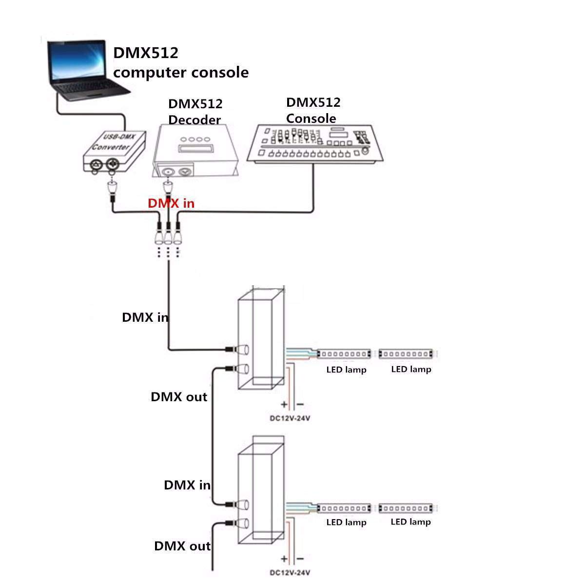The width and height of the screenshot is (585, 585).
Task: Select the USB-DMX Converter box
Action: pos(115,152)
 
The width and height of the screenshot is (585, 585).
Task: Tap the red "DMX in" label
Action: pos(171,203)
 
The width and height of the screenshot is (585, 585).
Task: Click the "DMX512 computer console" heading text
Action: pos(181,62)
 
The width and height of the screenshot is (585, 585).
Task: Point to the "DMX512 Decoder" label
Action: pos(195,112)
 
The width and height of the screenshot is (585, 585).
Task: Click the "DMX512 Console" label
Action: pos(313,110)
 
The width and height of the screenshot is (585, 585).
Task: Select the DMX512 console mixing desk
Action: pos(315,144)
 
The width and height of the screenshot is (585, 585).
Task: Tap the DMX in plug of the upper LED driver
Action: pos(237,350)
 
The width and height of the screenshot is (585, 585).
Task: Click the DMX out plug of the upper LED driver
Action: pos(237,369)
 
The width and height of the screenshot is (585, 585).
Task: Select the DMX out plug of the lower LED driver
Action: pos(237,524)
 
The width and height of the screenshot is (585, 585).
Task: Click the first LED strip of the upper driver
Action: pos(344,353)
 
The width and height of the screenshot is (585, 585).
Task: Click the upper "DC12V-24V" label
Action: pos(290,418)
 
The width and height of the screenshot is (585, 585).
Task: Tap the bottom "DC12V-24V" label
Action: pos(290,572)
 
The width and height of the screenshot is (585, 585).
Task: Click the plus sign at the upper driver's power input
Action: pos(284,404)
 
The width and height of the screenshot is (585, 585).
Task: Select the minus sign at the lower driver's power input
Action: pos(300,559)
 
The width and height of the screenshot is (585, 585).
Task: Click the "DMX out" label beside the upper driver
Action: pos(179,397)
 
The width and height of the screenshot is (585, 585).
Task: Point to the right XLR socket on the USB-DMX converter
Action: pos(112,164)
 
